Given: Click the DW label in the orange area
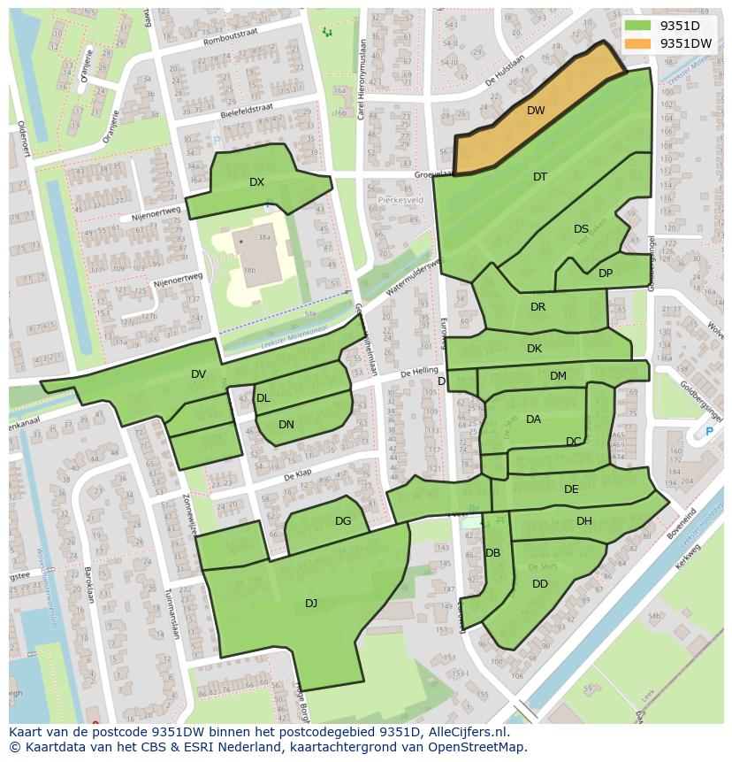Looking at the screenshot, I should point(536,111).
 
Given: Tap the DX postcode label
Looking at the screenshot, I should point(256,182).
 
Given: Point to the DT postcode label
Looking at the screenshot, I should point(540,177).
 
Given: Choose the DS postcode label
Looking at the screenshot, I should point(581,229).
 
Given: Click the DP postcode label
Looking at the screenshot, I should point(606,273).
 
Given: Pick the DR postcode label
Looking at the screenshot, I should point(538,307).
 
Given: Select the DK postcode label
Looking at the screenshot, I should point(534,349).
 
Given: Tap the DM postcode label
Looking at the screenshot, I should point(558,376).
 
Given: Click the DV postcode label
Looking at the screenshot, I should point(198,374).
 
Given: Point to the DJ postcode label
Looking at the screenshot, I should point(311,603).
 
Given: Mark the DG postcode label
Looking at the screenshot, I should point(343,521).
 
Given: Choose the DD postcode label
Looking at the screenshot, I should point(540,584).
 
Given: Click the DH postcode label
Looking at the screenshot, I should point(584,521).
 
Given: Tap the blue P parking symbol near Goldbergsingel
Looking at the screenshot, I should point(708,432).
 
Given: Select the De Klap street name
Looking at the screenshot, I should point(300,476).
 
